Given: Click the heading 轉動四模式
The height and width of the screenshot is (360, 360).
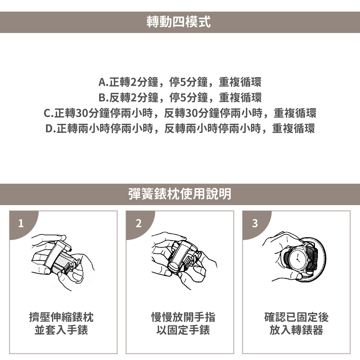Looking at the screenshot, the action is pyautogui.click(x=179, y=22).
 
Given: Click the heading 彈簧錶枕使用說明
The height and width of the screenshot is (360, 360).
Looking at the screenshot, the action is pyautogui.click(x=180, y=194).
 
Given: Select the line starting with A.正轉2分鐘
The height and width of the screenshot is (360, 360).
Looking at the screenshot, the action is pyautogui.click(x=180, y=82).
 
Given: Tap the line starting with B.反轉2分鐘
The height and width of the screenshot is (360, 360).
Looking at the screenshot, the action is pyautogui.click(x=180, y=97).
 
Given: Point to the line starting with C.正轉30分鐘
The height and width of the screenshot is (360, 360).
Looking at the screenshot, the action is pyautogui.click(x=180, y=113).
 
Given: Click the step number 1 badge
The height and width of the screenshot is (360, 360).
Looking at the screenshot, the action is pyautogui.click(x=21, y=223).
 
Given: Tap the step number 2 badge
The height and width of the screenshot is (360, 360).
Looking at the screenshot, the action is pyautogui.click(x=139, y=223).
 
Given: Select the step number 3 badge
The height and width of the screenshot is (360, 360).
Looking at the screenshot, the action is pyautogui.click(x=255, y=223).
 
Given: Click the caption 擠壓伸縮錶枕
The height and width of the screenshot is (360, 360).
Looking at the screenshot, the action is pyautogui.click(x=61, y=317).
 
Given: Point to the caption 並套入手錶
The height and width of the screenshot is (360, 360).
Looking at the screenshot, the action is pyautogui.click(x=61, y=330).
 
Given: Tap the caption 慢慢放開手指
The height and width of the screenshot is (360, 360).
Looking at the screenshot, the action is pyautogui.click(x=183, y=317).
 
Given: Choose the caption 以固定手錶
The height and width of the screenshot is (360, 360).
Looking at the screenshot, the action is pyautogui.click(x=183, y=330).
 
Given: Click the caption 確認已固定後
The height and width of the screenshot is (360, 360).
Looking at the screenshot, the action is pyautogui.click(x=296, y=317).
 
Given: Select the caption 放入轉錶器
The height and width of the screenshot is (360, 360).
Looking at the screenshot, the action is pyautogui.click(x=296, y=330).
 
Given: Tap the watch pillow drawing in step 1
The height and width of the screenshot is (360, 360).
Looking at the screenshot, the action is pyautogui.click(x=60, y=260).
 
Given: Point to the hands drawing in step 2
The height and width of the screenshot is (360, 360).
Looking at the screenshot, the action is pyautogui.click(x=184, y=261).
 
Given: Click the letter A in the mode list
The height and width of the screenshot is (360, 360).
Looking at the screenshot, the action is pyautogui.click(x=102, y=82).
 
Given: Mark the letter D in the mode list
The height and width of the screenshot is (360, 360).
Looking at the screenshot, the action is pyautogui.click(x=49, y=129).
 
